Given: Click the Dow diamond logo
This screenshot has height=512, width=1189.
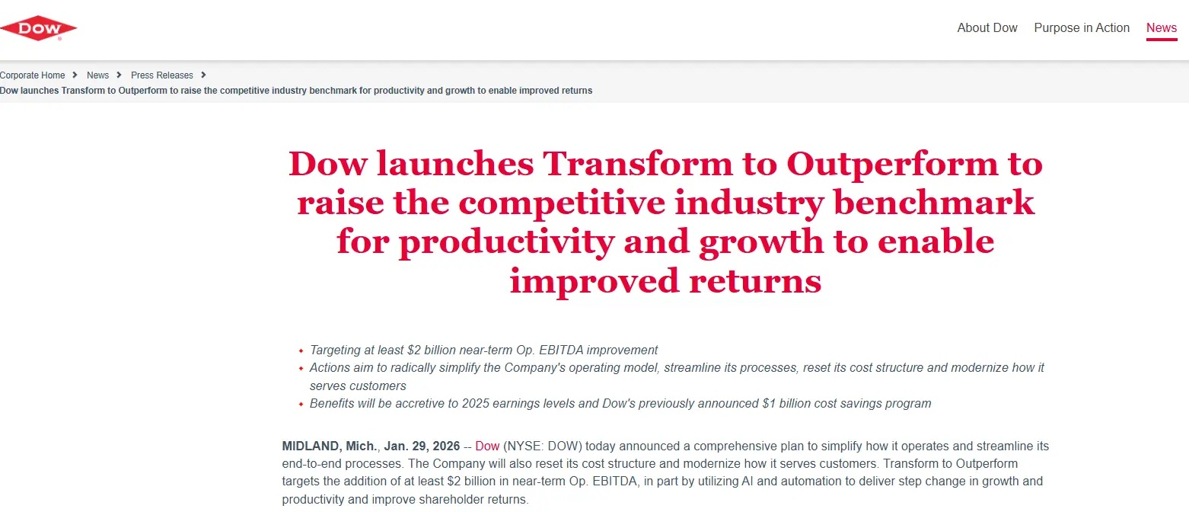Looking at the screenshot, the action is [38, 28].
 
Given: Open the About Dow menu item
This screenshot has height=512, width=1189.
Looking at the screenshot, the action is [987, 27].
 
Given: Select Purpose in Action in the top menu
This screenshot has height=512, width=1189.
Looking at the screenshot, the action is [1081, 27].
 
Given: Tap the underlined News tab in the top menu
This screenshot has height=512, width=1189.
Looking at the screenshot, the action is [1162, 27].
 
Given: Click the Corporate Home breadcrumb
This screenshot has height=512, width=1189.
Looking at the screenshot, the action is [33, 75].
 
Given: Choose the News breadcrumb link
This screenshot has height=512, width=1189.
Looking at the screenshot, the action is [97, 75].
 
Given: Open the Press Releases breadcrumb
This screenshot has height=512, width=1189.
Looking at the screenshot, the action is [162, 75].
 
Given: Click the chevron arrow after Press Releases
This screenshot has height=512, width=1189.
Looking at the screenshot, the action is [203, 75].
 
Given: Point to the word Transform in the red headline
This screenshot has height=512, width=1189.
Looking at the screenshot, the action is [637, 163].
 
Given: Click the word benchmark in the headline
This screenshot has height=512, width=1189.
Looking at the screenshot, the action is [934, 203].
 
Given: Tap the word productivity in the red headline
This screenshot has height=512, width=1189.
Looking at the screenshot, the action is [506, 242].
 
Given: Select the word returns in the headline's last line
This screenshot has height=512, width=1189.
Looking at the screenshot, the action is [755, 281].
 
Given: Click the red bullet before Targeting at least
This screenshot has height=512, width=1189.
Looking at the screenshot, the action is [301, 350].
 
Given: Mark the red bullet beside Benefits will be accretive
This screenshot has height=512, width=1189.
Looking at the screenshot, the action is [301, 404].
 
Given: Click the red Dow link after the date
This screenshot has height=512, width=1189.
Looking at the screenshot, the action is [486, 446].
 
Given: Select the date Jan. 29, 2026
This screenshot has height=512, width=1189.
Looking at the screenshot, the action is [422, 446].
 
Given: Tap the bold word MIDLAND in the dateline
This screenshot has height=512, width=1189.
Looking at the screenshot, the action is [311, 446].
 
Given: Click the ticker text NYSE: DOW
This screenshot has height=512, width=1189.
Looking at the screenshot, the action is [543, 446].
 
